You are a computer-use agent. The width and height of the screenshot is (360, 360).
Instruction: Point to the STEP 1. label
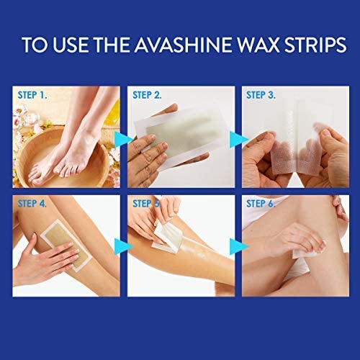(x=32, y=94)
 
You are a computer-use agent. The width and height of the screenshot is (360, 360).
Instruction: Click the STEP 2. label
(x=148, y=94)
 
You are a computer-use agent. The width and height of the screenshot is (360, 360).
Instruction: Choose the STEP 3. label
(x=264, y=94)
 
